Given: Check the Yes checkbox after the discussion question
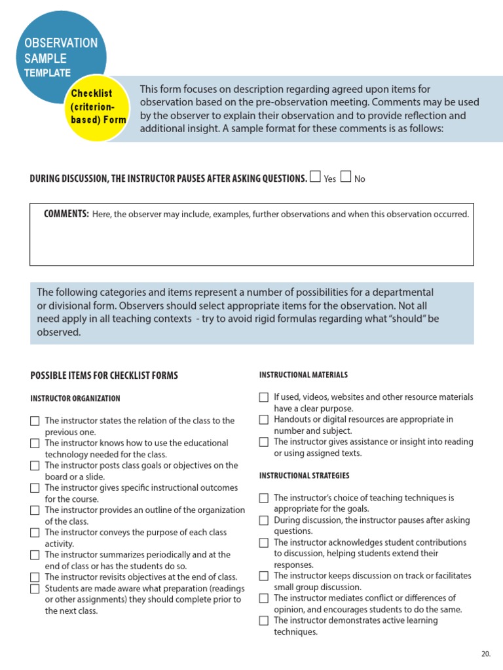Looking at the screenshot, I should [315, 177].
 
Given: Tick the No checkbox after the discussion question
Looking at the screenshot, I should [346, 177].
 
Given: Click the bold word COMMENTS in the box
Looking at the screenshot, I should [66, 214].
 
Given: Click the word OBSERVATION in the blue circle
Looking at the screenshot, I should [61, 43].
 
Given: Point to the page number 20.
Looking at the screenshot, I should [485, 654].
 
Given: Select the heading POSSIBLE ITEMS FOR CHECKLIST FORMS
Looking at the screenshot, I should [104, 376].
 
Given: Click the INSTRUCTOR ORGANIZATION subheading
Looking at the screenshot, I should [75, 398].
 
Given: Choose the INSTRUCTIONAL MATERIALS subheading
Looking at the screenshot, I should [303, 375].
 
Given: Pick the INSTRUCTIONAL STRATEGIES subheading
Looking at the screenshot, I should [304, 476].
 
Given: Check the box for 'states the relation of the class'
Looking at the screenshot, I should [35, 421].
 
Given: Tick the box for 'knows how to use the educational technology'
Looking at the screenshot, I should [35, 444].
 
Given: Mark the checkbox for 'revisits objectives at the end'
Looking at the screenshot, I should [35, 577].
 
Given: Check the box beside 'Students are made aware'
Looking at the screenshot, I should [35, 588].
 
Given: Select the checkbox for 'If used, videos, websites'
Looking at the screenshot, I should [263, 397].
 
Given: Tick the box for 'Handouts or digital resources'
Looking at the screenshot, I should [263, 419].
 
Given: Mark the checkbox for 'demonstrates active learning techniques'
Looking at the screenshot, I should [263, 620].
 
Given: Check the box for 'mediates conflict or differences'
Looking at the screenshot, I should [263, 598].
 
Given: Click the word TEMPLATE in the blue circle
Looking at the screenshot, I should [47, 73].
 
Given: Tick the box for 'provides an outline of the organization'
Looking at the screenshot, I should [35, 510].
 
